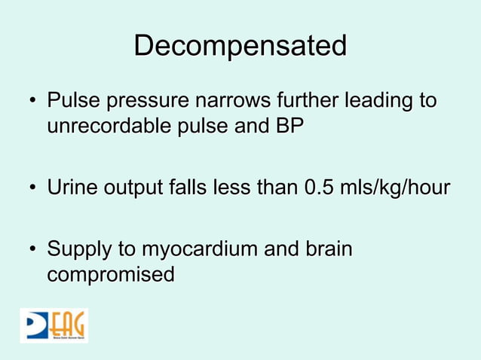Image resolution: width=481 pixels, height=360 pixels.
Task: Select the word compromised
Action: click(110, 274)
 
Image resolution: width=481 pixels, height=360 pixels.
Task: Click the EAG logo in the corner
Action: click(54, 325)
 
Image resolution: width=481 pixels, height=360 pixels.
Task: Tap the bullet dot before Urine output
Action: click(33, 188)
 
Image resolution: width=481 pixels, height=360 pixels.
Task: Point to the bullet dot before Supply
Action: click(33, 250)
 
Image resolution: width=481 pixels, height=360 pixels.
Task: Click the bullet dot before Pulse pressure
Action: click(33, 101)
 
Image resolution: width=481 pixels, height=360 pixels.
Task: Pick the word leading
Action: click(381, 101)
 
